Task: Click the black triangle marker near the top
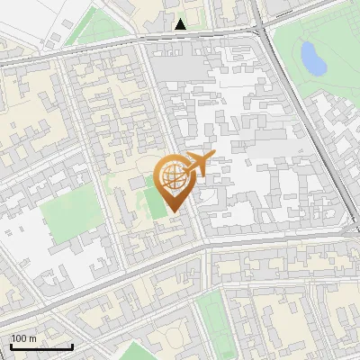pyautogui.click(x=181, y=24)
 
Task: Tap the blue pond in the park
pyautogui.click(x=312, y=58)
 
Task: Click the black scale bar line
pyautogui.click(x=41, y=346)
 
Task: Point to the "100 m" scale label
pyautogui.click(x=24, y=338)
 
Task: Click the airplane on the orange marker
pyautogui.click(x=199, y=163)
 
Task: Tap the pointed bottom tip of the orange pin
pyautogui.click(x=174, y=212)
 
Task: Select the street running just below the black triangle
pyautogui.click(x=180, y=38)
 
